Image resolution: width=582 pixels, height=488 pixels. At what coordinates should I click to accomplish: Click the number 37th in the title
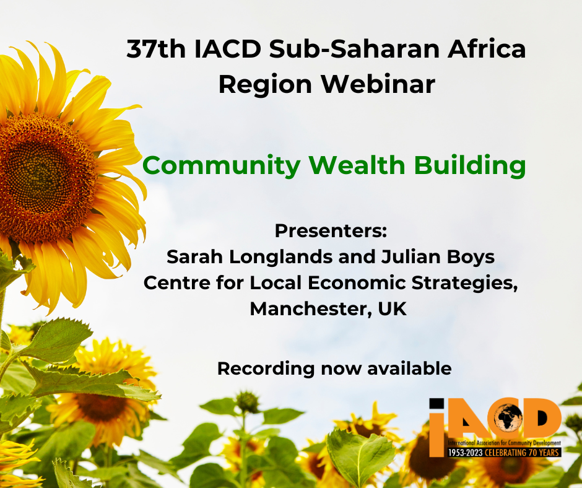(156, 49)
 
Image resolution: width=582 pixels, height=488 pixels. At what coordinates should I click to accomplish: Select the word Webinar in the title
(378, 84)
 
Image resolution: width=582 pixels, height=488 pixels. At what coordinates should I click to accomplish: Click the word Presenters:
(331, 230)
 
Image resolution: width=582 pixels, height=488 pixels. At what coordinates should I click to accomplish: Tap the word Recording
(266, 369)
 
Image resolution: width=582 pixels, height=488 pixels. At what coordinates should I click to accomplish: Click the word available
(409, 368)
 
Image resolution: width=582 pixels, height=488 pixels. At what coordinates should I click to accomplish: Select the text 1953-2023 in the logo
(465, 452)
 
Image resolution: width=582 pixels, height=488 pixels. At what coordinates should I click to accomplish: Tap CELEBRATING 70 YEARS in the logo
(521, 452)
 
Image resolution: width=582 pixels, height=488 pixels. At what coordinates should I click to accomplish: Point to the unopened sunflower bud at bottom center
(247, 401)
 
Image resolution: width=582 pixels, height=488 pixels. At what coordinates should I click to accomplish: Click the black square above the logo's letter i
(436, 403)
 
